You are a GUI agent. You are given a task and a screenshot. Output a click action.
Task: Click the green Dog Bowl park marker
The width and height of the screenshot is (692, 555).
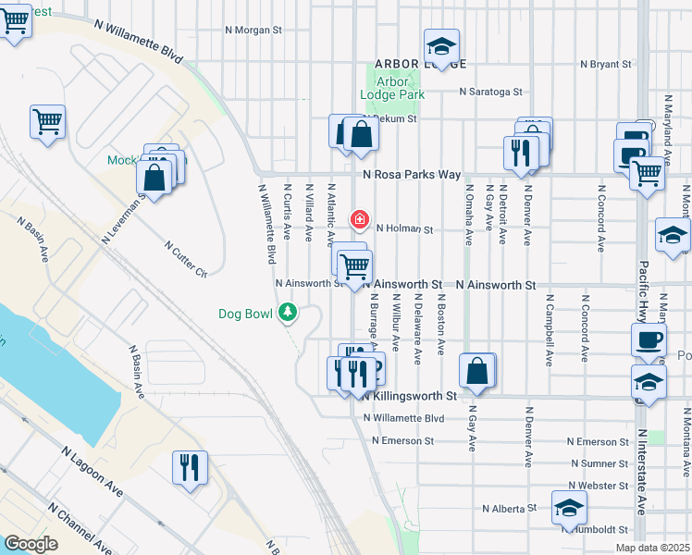click(290, 313)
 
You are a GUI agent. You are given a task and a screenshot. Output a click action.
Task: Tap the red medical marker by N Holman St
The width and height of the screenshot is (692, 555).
click(359, 220)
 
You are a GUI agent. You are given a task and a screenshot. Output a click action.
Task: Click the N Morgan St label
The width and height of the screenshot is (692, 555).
click(253, 30)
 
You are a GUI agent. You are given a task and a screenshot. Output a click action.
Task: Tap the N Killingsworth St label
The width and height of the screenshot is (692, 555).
click(409, 396)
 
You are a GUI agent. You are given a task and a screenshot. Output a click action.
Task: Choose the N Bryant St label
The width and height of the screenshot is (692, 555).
click(605, 65)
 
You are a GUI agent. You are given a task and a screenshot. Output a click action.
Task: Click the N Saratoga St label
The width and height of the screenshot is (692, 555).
click(491, 92)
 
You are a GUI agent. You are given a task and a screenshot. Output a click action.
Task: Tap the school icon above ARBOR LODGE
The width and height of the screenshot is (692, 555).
click(442, 46)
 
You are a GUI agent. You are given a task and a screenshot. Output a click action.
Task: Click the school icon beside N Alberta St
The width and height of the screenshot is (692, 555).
click(569, 507)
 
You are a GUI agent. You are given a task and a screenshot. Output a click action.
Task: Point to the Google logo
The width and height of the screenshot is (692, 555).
click(31, 543)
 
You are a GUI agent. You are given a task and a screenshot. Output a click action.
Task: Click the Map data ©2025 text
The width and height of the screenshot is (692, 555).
click(651, 548)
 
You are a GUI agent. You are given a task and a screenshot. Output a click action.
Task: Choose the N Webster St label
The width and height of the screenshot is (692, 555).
click(599, 486)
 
